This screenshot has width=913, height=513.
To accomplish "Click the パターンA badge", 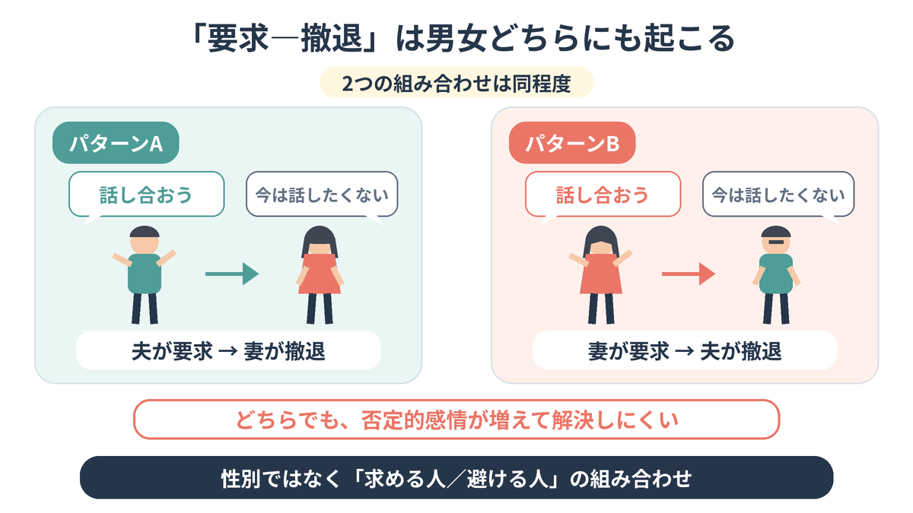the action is pyautogui.click(x=116, y=143).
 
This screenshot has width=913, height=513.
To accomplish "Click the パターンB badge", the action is pyautogui.click(x=572, y=143).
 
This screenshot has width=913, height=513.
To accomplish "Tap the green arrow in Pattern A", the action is pyautogui.click(x=232, y=274).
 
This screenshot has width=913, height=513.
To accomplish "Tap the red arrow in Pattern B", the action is pyautogui.click(x=689, y=274).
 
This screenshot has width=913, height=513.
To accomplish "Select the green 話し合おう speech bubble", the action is pyautogui.click(x=147, y=195).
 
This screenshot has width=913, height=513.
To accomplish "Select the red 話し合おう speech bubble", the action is pyautogui.click(x=603, y=195).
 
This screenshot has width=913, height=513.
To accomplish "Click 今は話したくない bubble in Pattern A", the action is pyautogui.click(x=322, y=195).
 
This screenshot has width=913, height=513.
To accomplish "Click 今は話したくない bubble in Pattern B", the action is pyautogui.click(x=778, y=195).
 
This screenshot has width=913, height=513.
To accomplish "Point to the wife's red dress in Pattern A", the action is pyautogui.click(x=320, y=274).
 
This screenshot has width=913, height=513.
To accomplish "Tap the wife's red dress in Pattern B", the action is pyautogui.click(x=601, y=274).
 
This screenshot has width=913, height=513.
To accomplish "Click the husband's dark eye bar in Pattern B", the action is pyautogui.click(x=776, y=242).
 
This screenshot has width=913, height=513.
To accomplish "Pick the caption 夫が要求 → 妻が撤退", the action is pyautogui.click(x=228, y=350).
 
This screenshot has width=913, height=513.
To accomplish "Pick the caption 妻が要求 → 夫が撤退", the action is pyautogui.click(x=685, y=350).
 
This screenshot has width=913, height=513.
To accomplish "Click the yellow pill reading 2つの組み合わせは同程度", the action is pyautogui.click(x=456, y=83).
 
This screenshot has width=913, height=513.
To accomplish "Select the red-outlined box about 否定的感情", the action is pyautogui.click(x=456, y=420).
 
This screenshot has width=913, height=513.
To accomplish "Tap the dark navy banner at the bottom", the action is pyautogui.click(x=456, y=477).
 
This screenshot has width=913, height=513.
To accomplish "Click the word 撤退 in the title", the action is pyautogui.click(x=332, y=38).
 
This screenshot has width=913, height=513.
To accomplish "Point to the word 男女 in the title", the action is pyautogui.click(x=456, y=38).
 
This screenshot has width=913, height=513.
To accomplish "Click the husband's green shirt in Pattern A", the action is pyautogui.click(x=145, y=274).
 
